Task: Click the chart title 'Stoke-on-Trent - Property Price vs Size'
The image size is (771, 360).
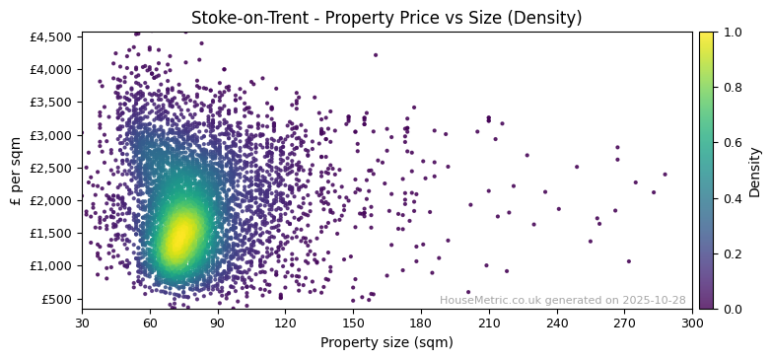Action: pyautogui.click(x=386, y=18)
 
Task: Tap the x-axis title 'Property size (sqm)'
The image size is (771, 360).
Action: pyautogui.click(x=386, y=342)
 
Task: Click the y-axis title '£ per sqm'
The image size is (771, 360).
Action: pyautogui.click(x=16, y=172)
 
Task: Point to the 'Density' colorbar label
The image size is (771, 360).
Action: pyautogui.click(x=754, y=172)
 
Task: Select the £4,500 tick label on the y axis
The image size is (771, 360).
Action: pyautogui.click(x=51, y=37)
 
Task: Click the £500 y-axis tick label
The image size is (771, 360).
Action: pyautogui.click(x=57, y=299)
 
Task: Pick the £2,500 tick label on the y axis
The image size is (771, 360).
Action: pyautogui.click(x=51, y=168)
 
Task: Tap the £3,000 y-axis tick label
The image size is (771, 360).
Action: pyautogui.click(x=51, y=135)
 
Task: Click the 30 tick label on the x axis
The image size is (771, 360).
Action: pyautogui.click(x=82, y=322)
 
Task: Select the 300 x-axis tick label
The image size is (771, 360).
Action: pyautogui.click(x=692, y=322)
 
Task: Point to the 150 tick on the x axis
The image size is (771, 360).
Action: pyautogui.click(x=353, y=322)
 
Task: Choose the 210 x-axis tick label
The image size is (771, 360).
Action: pyautogui.click(x=489, y=322)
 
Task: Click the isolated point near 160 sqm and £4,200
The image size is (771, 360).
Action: pyautogui.click(x=375, y=55)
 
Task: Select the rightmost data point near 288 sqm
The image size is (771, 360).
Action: pyautogui.click(x=665, y=175)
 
